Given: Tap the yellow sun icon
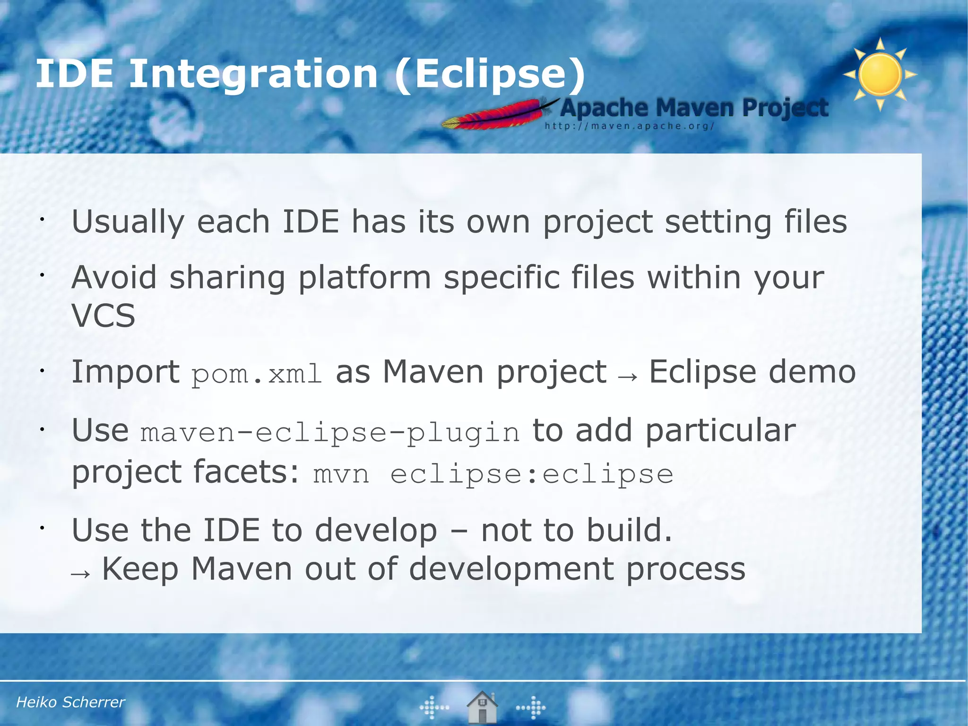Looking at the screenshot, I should click(880, 75).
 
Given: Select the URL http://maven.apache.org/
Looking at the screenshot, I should click(629, 126).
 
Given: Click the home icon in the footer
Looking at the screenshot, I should click(482, 707).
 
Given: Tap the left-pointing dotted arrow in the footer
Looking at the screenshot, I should click(434, 708).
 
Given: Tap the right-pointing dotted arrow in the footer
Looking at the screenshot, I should click(531, 708).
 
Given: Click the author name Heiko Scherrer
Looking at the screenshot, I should click(70, 702).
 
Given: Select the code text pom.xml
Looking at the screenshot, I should click(257, 374).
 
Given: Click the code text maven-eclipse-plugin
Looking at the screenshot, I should click(330, 433).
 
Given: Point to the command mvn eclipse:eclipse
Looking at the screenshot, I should click(493, 474).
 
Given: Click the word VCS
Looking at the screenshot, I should click(104, 316).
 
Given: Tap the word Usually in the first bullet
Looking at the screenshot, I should click(128, 222).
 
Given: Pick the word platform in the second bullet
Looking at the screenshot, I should click(364, 278).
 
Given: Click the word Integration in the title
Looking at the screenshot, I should click(253, 74).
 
